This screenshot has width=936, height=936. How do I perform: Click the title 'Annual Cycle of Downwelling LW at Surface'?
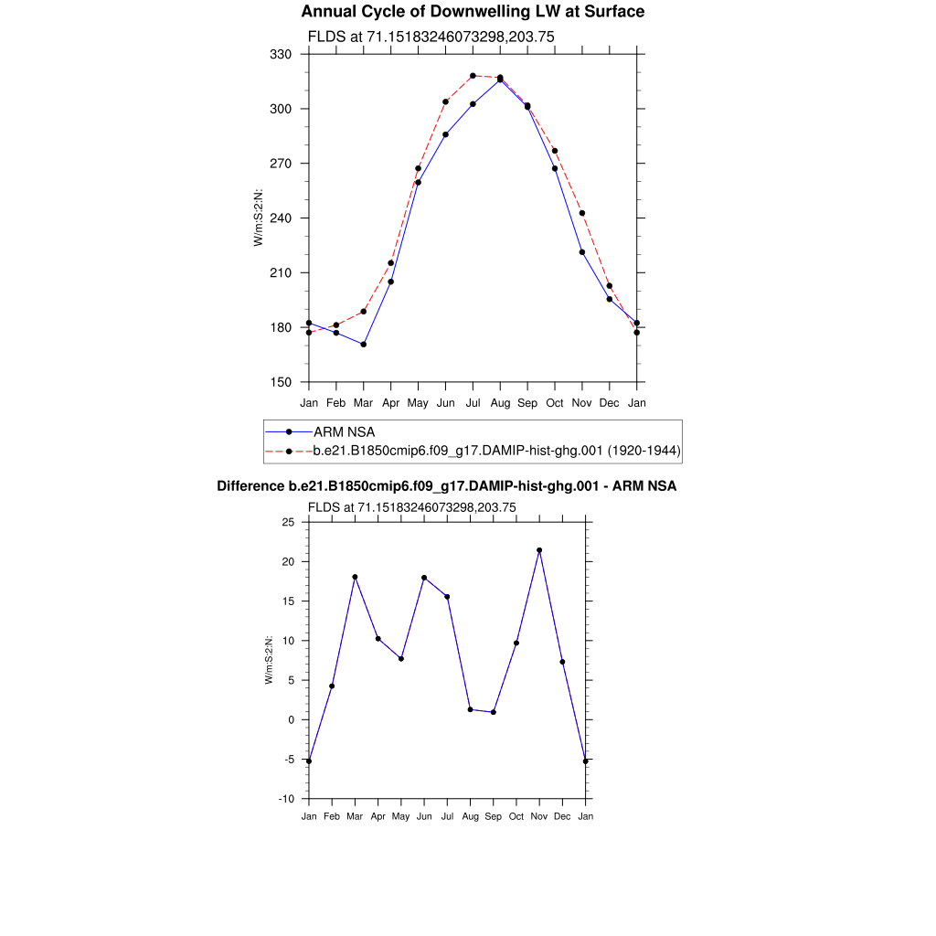tap(473, 12)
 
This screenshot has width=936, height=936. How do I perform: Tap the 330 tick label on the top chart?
tap(281, 55)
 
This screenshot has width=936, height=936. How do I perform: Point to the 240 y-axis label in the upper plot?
tap(281, 218)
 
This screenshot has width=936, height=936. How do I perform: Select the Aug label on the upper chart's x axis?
tap(500, 402)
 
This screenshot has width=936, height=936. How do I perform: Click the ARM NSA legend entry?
tap(344, 431)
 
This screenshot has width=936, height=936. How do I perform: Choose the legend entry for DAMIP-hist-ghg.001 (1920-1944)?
tap(496, 451)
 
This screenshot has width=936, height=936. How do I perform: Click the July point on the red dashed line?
tap(473, 76)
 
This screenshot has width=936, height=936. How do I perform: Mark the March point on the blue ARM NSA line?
tap(364, 345)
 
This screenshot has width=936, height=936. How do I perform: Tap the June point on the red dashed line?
tap(445, 101)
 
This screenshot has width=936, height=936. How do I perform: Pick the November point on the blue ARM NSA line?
tap(582, 252)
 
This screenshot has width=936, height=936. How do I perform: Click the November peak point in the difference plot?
tap(539, 550)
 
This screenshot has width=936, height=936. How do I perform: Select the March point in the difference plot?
tap(355, 577)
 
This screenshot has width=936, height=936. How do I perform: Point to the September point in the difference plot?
tap(494, 712)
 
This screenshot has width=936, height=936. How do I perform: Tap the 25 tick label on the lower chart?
tap(288, 523)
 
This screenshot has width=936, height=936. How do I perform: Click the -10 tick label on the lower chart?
tap(286, 799)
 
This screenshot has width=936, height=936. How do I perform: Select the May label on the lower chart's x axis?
tap(400, 816)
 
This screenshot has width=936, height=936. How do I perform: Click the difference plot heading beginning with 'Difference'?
tap(446, 486)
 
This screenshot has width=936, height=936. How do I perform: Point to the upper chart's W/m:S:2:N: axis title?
tap(259, 218)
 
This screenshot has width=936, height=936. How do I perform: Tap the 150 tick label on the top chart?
tap(281, 382)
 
